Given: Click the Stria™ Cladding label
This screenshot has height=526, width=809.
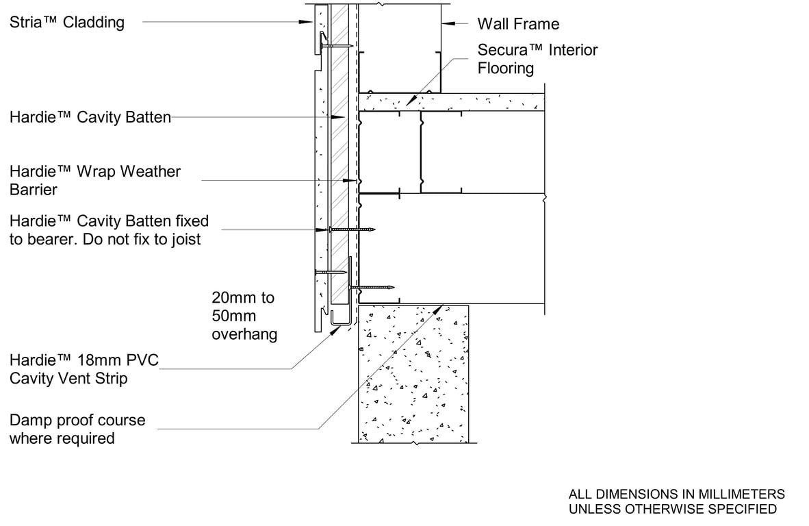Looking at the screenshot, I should click(x=67, y=23).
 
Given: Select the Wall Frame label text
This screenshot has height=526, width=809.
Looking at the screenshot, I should click(x=518, y=25).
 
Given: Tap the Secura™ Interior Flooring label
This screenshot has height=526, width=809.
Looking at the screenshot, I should click(x=537, y=59).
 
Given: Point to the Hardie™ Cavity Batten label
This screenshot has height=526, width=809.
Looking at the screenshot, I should click(x=90, y=118).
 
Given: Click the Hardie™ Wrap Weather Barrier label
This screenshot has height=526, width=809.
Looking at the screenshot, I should click(x=95, y=180).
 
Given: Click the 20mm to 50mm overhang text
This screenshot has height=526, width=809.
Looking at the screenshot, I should click(x=244, y=316).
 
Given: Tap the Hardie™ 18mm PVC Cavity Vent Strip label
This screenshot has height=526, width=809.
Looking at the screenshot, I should click(x=84, y=369).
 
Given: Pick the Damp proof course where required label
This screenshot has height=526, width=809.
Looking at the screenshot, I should click(x=77, y=429).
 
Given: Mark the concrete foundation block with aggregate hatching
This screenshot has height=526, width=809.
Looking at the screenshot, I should click(x=413, y=373).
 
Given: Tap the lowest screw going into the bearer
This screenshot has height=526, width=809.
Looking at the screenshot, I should click(x=373, y=287).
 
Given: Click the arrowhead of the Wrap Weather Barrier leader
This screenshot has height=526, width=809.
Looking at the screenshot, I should click(x=355, y=181).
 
